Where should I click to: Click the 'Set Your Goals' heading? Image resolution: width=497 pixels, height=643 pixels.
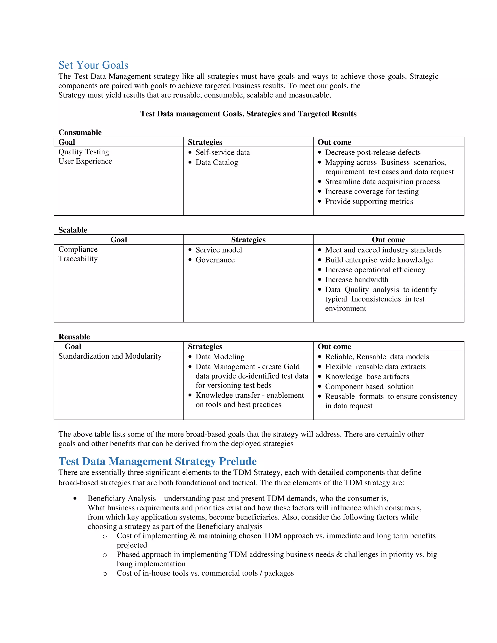coord(93,65)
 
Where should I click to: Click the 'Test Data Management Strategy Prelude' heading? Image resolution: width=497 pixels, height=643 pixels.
coord(157,461)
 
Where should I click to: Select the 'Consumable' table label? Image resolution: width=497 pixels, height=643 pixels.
coord(80,132)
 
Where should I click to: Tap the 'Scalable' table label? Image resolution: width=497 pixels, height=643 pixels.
coord(73,230)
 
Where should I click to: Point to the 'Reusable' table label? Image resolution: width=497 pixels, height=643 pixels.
coord(74,337)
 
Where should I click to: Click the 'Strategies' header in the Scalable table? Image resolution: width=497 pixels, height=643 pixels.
coord(248,240)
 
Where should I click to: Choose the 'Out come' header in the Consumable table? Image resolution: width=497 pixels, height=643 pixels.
coord(334,142)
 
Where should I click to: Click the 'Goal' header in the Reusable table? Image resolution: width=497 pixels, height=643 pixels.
coord(73,346)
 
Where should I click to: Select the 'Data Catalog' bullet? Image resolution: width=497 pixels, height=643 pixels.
coord(217,163)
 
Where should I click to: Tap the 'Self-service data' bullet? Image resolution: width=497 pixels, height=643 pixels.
coord(223,153)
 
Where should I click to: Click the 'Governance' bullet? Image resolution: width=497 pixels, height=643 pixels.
coord(215,260)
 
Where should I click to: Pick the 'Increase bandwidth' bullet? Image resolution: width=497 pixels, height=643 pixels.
coord(356,280)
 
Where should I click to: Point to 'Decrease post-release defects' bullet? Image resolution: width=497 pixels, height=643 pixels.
coord(373,153)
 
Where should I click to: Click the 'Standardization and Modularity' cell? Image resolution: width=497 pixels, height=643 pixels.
coord(110,356)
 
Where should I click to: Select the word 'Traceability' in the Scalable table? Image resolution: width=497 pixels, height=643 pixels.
coord(78,259)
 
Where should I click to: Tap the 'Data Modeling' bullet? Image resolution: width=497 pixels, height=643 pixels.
coord(220,357)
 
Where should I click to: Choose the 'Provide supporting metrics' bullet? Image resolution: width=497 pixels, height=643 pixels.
coord(369,202)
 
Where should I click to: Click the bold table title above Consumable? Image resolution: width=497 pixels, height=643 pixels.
coord(248,114)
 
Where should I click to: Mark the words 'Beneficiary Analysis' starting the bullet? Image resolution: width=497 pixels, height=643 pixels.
coord(122,498)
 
